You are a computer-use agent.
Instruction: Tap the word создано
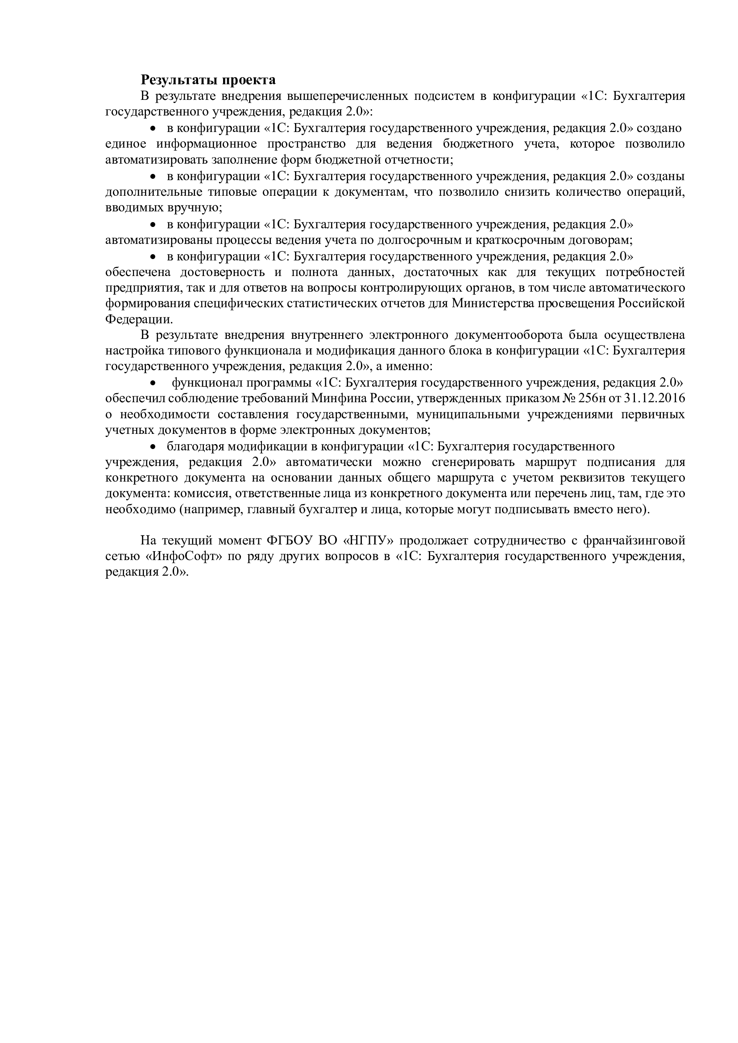661,128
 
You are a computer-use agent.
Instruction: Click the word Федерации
139,320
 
